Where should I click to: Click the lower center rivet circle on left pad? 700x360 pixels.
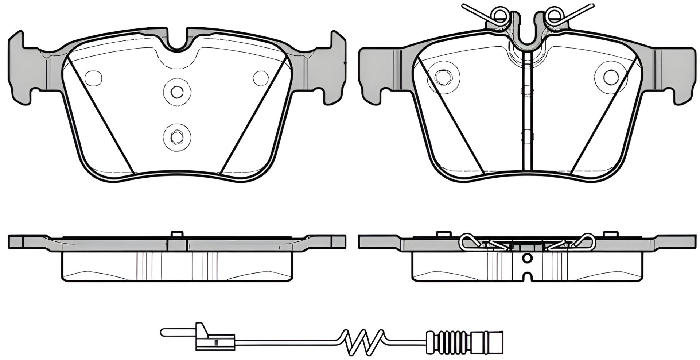[176, 137]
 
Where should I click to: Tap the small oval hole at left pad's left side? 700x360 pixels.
[93, 78]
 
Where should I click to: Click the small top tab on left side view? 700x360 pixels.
[176, 235]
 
